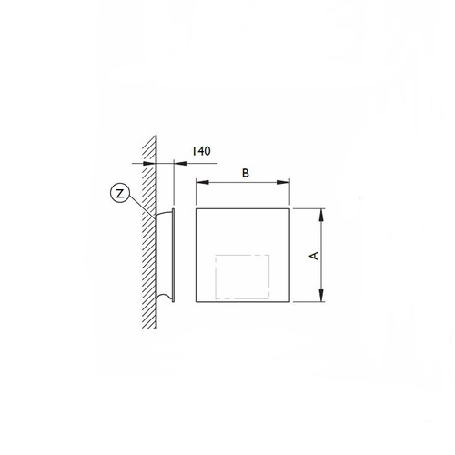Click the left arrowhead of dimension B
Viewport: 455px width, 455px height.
[201, 182]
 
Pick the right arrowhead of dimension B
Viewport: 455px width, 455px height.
[288, 182]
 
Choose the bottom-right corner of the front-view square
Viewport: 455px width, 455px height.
[291, 303]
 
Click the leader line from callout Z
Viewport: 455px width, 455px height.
[141, 203]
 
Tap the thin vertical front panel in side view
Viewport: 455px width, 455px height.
[176, 255]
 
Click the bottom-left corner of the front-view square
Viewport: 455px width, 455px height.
[197, 303]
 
